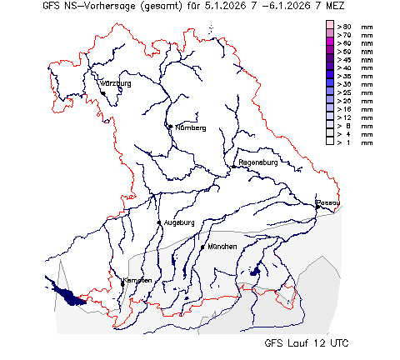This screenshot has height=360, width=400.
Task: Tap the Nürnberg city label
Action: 190,128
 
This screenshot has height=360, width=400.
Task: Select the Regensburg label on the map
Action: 257,162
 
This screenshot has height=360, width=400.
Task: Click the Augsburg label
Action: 179,222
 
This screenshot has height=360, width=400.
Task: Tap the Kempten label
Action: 137,280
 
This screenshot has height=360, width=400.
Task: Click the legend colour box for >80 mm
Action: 330,26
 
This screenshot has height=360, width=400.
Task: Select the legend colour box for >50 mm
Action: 330,51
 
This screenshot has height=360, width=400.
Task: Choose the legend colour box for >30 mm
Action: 330,84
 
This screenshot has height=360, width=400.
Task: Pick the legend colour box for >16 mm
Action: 330,109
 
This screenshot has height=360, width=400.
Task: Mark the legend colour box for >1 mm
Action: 330,142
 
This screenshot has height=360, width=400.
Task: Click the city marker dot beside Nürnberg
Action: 169,127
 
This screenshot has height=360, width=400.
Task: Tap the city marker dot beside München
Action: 202,247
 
